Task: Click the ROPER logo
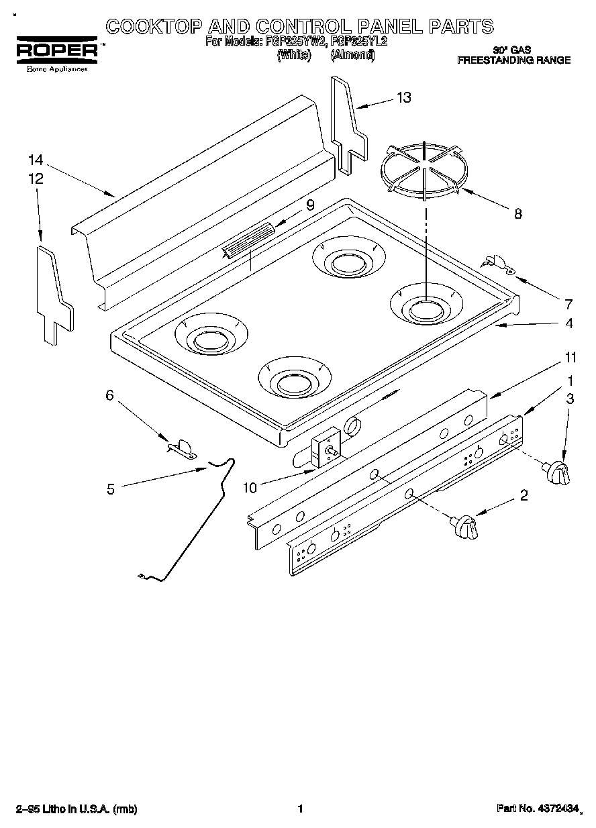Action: [x=56, y=50]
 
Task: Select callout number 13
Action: [x=403, y=98]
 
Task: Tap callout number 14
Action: [x=36, y=160]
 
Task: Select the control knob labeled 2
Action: [x=465, y=527]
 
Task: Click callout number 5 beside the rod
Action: [x=111, y=489]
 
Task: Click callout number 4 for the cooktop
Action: [x=568, y=323]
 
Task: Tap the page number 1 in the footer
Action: [x=301, y=809]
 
